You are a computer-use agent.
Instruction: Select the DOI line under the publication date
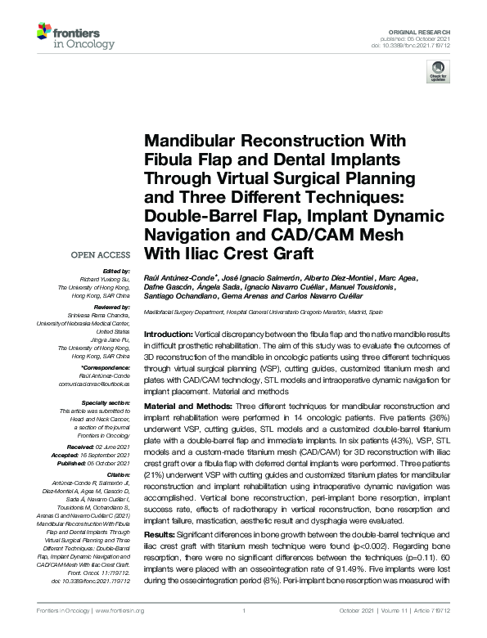tap(417, 43)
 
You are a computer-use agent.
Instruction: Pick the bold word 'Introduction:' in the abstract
tap(168, 336)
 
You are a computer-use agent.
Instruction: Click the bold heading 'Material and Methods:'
tap(187, 406)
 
